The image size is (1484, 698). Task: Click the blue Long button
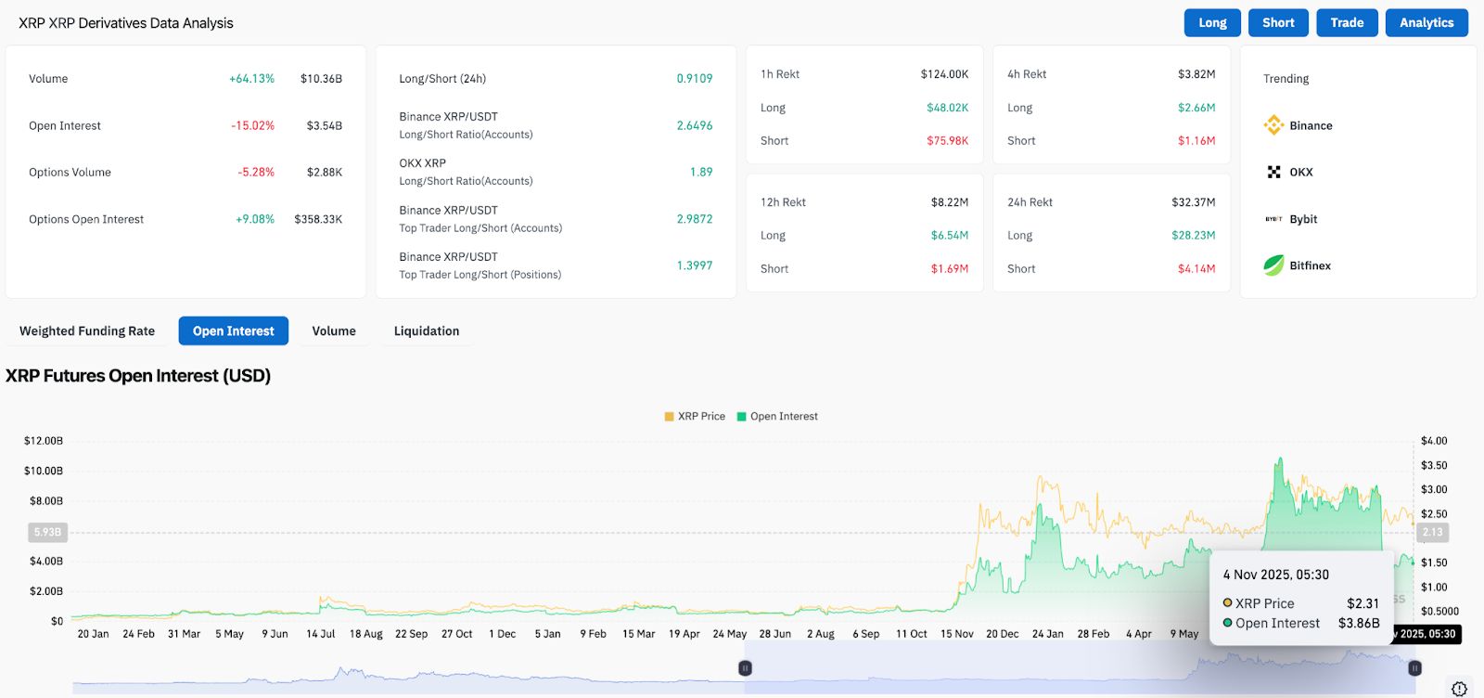click(1212, 23)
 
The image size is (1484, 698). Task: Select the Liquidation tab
click(427, 331)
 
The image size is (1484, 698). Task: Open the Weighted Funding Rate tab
click(87, 331)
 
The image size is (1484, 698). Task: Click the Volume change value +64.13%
click(251, 79)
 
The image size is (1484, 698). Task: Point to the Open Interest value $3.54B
click(325, 126)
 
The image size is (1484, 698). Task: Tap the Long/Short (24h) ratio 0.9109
click(694, 79)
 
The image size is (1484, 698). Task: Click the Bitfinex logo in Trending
click(1273, 265)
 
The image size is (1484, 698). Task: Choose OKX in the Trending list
click(1300, 173)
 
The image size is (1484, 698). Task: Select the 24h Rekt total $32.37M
click(1193, 202)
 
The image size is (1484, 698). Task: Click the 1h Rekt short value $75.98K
click(947, 141)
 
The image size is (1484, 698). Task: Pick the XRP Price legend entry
click(695, 417)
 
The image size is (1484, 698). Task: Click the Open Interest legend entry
click(777, 417)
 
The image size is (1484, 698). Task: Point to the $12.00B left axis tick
click(44, 441)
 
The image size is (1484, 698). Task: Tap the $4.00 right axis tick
click(1433, 441)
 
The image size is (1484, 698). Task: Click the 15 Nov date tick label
click(956, 634)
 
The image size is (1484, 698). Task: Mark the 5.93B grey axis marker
click(47, 533)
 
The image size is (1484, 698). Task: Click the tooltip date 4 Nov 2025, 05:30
click(1275, 575)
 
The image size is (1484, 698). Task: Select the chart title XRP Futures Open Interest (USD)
click(138, 376)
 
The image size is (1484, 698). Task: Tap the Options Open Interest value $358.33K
click(318, 220)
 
